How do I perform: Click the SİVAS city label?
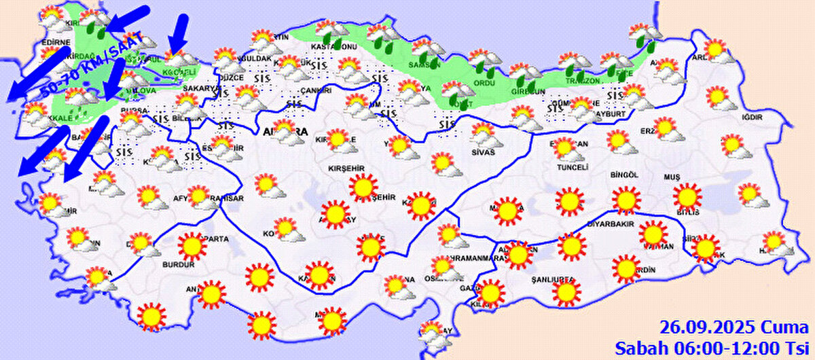click(484, 152)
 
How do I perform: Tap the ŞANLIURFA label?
click(552, 279)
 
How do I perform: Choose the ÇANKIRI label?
click(315, 90)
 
